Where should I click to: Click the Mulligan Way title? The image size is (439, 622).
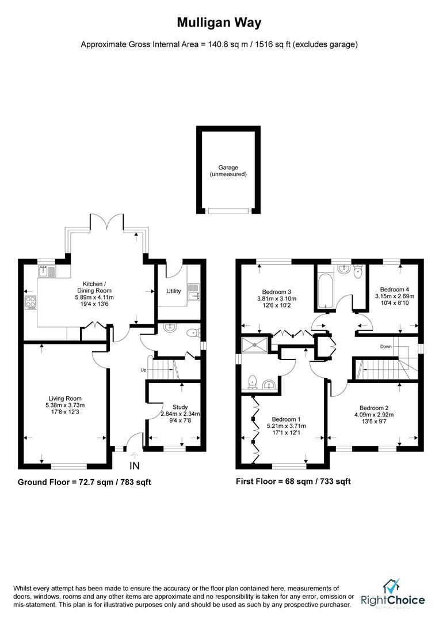(219, 23)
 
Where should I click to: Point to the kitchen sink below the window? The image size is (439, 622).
(47, 271)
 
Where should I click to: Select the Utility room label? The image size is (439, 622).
(174, 291)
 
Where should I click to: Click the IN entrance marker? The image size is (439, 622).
(135, 465)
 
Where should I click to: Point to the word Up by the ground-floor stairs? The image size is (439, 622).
(143, 370)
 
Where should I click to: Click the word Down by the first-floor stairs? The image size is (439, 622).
(387, 347)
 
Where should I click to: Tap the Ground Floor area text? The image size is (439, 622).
(84, 482)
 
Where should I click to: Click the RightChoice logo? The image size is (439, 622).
(393, 596)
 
